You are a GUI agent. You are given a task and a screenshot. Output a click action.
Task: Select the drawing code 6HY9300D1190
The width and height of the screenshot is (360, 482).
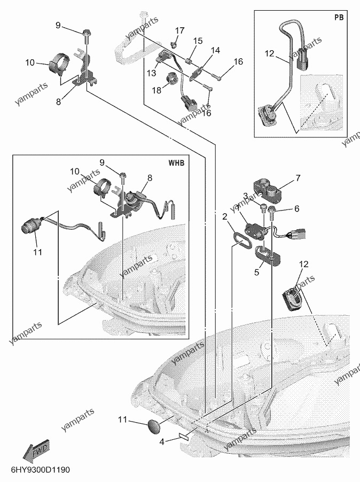[x=41, y=470]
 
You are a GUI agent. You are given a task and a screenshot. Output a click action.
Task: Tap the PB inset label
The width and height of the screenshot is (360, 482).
[x=339, y=18]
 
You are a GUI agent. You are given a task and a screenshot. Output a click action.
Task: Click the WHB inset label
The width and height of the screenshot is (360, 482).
[x=176, y=162]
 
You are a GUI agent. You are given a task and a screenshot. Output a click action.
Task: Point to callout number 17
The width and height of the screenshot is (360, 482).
[x=179, y=30]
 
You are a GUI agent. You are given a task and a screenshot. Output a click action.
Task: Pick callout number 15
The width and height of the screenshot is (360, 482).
[x=198, y=41]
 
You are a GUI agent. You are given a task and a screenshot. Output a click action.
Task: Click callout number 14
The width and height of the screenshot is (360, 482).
[x=216, y=50]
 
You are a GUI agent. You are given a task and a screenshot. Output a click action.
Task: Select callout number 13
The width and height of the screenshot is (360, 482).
[x=152, y=73]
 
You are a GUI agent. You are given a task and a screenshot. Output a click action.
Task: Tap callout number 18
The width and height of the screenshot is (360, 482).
[x=156, y=90]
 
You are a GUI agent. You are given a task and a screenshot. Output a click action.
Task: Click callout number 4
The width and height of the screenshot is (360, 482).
[x=162, y=442]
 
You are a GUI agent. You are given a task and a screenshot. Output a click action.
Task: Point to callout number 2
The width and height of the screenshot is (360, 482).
[x=225, y=217]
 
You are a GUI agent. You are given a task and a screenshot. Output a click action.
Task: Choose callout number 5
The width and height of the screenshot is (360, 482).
[x=257, y=272]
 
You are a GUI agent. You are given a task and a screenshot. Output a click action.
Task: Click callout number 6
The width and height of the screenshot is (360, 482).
[x=297, y=209]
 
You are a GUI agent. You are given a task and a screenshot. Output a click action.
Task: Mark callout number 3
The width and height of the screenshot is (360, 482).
[x=245, y=196]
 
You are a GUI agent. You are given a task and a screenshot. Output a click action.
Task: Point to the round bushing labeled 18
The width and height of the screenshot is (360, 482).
[x=173, y=78]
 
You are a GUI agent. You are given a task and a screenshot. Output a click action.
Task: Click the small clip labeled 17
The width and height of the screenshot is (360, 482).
[x=175, y=44]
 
